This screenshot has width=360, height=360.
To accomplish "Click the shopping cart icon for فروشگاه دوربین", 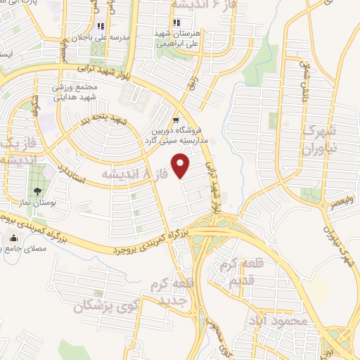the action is pos(176,120).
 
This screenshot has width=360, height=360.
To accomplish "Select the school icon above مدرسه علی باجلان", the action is pos(101,25).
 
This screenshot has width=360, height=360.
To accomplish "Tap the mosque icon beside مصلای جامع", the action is pos(13,238).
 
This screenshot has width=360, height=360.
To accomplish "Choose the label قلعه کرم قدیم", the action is pos(245,274).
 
